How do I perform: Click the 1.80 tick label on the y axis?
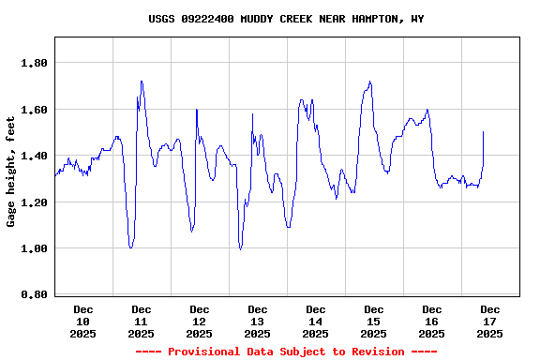coord(35,63)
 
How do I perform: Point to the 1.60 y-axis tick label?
coord(35,110)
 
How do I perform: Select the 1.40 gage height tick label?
coord(35,156)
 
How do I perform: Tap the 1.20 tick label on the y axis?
coord(35,202)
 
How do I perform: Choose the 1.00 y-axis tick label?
coord(35,248)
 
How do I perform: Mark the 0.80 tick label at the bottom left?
coord(35,294)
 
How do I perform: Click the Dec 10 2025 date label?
coord(83,321)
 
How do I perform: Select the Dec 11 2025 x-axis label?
coord(142,321)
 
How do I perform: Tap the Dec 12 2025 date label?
coord(200,321)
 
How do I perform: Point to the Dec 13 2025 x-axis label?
coord(258,321)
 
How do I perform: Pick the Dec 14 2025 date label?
coord(316,321)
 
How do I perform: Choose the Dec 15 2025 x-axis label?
coord(374,321)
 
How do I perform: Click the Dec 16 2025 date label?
coord(432,321)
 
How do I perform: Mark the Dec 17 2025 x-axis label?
coord(490,321)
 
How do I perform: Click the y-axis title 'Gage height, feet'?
coord(11,172)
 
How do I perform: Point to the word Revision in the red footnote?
coord(375,352)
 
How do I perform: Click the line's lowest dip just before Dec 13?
coord(240,248)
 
